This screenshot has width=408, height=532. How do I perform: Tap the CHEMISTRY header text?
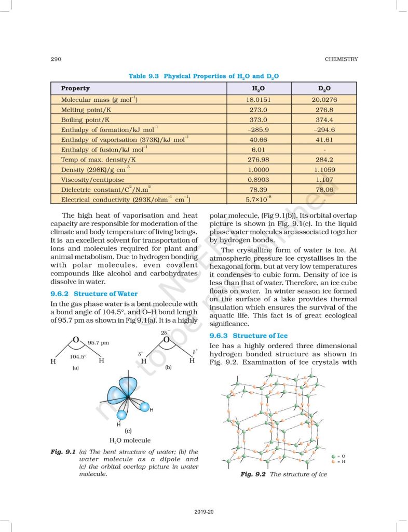[x=342, y=59]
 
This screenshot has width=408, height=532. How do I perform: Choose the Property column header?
[x=75, y=88]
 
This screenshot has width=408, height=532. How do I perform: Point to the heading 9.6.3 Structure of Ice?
[x=248, y=336]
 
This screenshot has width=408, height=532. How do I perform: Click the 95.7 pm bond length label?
[x=98, y=343]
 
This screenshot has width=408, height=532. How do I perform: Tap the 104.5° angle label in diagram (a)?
[x=78, y=357]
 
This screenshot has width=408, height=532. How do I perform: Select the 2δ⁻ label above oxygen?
[x=165, y=331]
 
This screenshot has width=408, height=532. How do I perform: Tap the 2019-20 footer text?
[x=203, y=512]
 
